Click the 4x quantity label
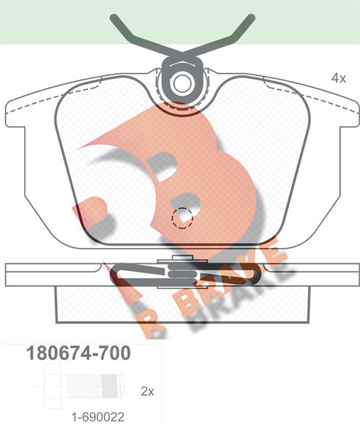pos(338,78)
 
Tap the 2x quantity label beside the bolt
pos(147,391)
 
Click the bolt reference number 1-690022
pos(97,418)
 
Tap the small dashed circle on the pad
pos(180,217)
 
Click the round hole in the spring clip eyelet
pos(181,83)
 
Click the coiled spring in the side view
pos(180,274)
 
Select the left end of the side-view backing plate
pos(9,274)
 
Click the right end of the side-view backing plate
pos(353,274)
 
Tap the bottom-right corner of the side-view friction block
pos(303,319)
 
